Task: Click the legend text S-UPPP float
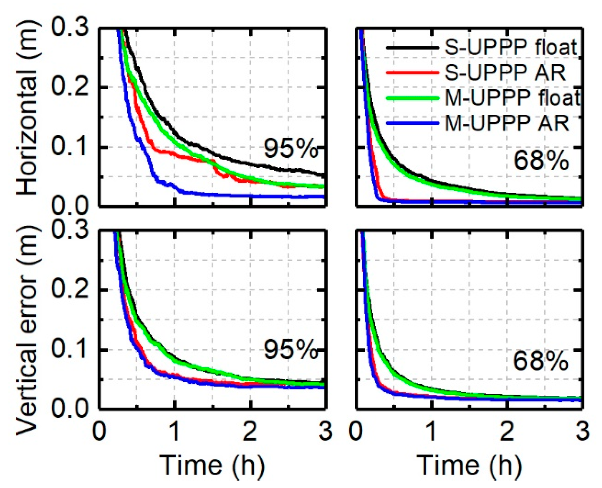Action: pyautogui.click(x=511, y=47)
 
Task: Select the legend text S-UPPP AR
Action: pyautogui.click(x=505, y=72)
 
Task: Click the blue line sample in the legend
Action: pyautogui.click(x=413, y=123)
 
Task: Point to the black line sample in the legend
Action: pyautogui.click(x=413, y=48)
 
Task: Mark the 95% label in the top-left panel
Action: pyautogui.click(x=290, y=148)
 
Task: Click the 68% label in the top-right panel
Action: pyautogui.click(x=541, y=161)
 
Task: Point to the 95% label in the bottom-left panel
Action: pyautogui.click(x=290, y=350)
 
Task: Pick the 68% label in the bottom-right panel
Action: pyautogui.click(x=540, y=361)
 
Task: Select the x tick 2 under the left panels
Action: pyautogui.click(x=250, y=432)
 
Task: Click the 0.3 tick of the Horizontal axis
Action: pyautogui.click(x=70, y=28)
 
